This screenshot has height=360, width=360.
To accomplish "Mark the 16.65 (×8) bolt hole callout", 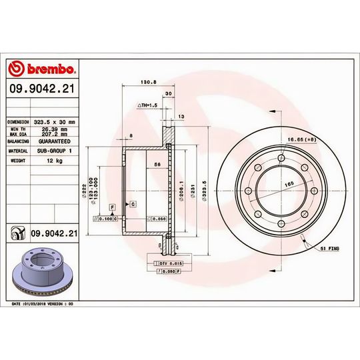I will (301, 139).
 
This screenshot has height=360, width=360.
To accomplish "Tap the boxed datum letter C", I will (133, 203).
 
